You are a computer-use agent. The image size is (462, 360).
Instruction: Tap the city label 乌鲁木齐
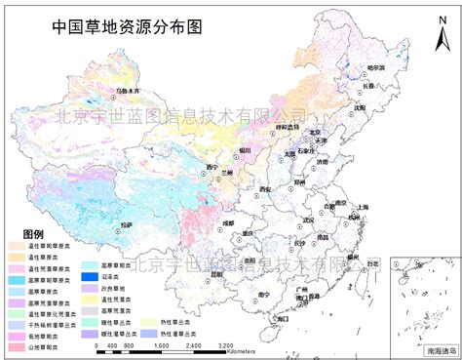[x=129, y=91]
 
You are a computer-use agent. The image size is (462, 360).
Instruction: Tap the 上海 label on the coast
[x=363, y=207]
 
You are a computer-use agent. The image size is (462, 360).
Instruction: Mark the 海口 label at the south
[x=283, y=318]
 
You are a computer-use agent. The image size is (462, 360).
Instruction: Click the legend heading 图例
[x=32, y=234]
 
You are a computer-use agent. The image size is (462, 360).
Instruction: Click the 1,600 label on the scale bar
[x=164, y=345]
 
